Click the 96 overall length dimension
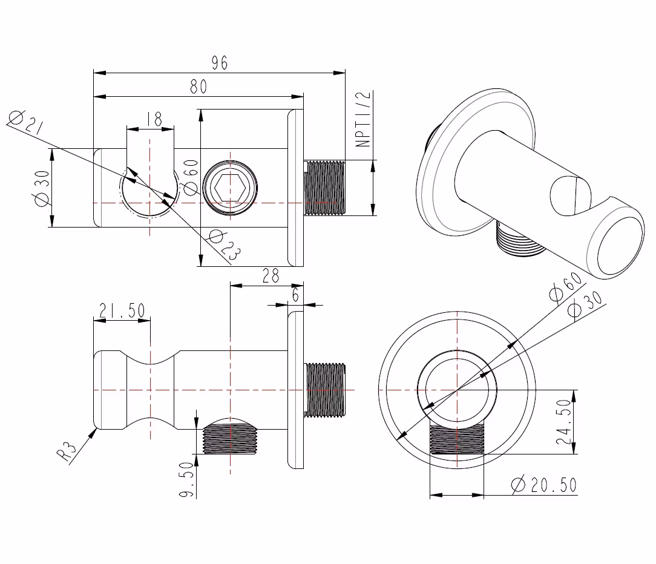(220, 63)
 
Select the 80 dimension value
(198, 87)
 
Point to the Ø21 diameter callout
(25, 123)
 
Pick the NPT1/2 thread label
(363, 119)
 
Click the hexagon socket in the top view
(230, 188)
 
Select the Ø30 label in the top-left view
(42, 188)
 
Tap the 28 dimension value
(271, 276)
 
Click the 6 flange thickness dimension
(296, 295)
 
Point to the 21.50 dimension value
(122, 311)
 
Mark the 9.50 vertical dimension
(187, 479)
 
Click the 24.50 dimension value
(563, 422)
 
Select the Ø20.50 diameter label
(544, 485)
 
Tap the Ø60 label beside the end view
(565, 287)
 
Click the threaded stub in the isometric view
(520, 239)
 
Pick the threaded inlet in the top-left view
(324, 188)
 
